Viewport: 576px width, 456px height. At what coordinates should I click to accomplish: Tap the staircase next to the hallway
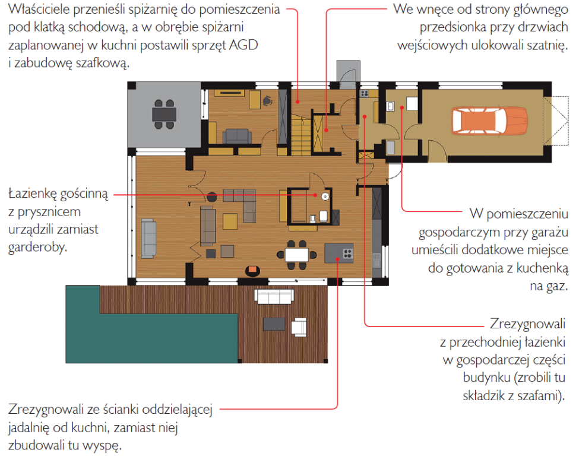click(x=300, y=130)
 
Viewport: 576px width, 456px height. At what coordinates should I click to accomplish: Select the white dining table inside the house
click(x=295, y=254)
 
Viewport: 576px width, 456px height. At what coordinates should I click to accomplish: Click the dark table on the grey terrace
click(x=164, y=113)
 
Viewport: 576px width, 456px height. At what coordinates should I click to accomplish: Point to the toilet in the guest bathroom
click(x=323, y=215)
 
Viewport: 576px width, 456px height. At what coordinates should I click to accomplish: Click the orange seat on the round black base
click(x=252, y=271)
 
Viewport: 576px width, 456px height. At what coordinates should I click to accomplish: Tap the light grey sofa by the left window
click(x=148, y=233)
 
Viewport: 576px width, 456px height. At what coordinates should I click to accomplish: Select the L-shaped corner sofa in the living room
click(x=244, y=202)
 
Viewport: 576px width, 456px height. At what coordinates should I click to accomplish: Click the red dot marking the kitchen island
click(x=337, y=259)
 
